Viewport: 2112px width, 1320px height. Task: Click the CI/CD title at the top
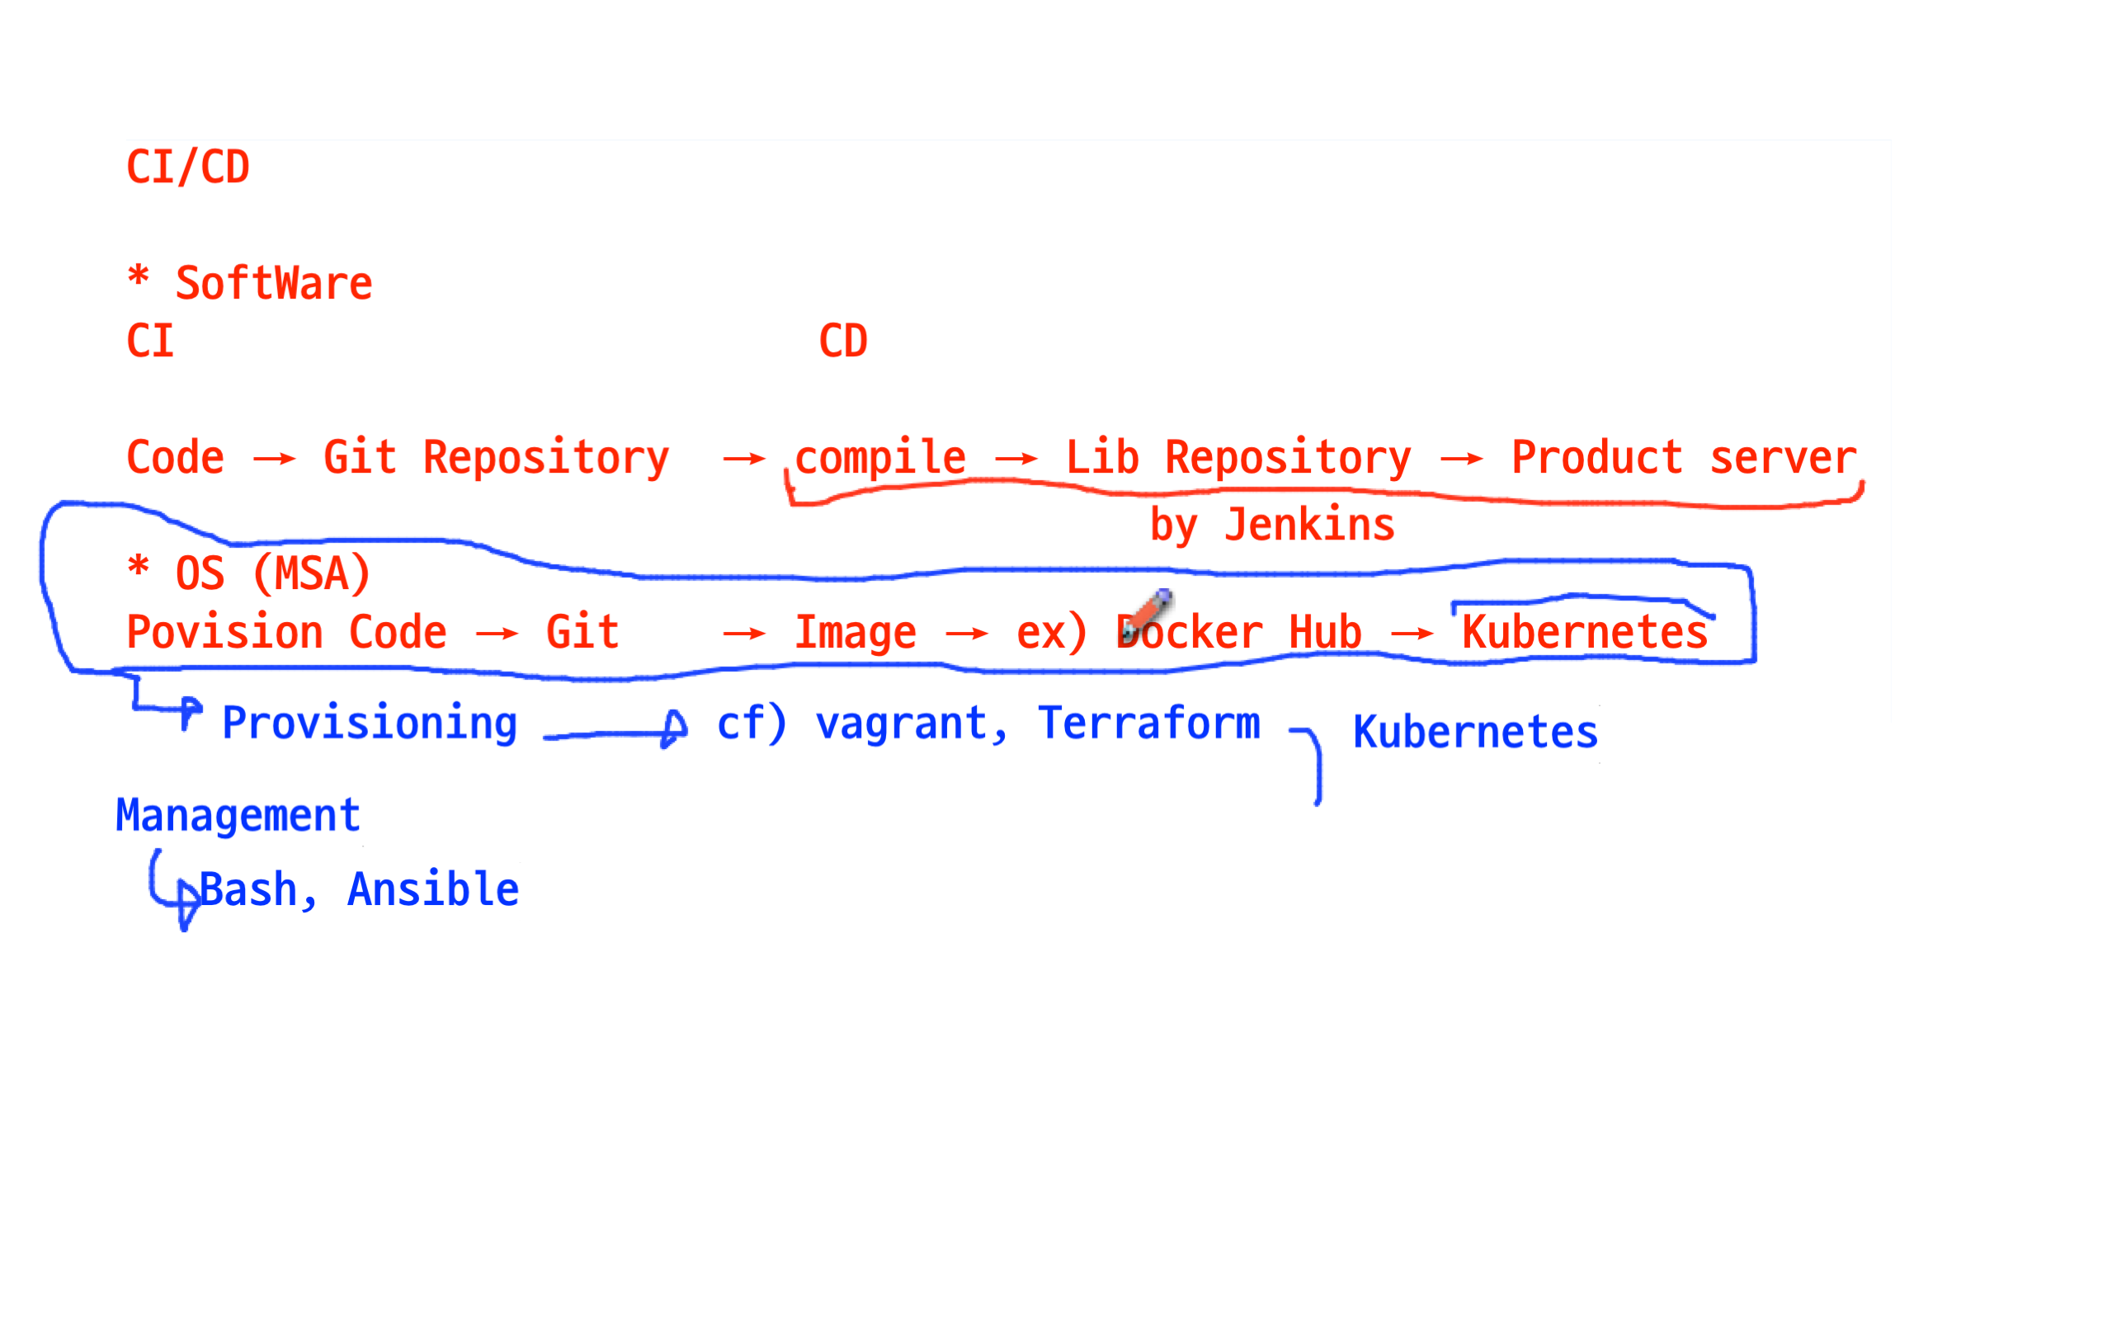tap(187, 167)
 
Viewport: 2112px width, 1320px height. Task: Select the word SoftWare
tap(274, 284)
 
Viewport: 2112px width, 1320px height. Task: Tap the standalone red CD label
tap(843, 342)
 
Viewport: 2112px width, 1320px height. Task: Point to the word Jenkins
tap(1309, 525)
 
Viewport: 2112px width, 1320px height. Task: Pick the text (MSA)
tap(312, 574)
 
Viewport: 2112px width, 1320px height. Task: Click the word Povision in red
tap(224, 632)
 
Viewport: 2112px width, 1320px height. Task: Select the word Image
tap(856, 632)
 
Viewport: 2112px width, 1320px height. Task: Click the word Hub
tap(1325, 632)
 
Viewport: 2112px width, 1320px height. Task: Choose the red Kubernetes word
tap(1585, 632)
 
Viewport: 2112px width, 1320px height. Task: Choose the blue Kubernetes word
tap(1475, 732)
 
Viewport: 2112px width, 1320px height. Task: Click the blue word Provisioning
tap(369, 724)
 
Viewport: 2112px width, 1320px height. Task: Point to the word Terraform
tap(1148, 724)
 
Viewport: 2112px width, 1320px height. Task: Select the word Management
tap(238, 815)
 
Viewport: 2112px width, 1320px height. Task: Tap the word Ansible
tap(433, 889)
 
